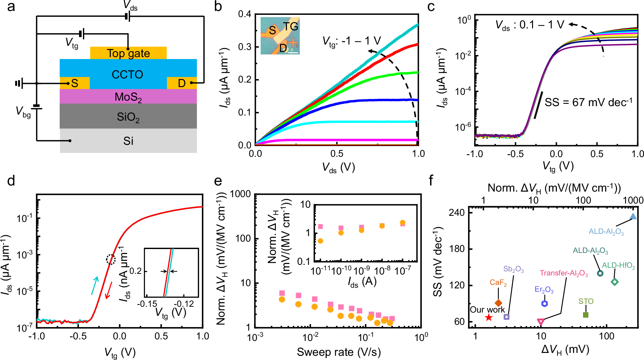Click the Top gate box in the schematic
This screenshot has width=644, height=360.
(128, 53)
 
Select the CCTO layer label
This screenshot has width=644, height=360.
(127, 75)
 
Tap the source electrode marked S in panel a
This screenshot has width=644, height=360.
(75, 83)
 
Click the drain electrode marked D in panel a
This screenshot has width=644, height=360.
(182, 83)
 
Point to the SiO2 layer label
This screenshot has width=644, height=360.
(128, 117)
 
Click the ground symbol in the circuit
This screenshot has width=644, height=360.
(19, 84)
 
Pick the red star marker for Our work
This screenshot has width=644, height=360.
(489, 317)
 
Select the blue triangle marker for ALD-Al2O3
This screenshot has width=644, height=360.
(633, 216)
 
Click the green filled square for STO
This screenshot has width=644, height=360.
(586, 315)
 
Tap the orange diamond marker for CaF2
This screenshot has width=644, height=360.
(498, 303)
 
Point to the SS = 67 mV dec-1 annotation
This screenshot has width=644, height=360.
(588, 102)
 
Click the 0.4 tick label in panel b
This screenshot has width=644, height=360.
(244, 14)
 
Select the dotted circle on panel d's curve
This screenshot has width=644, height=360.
(111, 259)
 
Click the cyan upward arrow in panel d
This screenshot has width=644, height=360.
(95, 285)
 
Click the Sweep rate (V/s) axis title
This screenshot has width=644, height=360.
(338, 352)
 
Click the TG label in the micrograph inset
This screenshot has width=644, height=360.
(290, 26)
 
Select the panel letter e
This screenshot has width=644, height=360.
(218, 181)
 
